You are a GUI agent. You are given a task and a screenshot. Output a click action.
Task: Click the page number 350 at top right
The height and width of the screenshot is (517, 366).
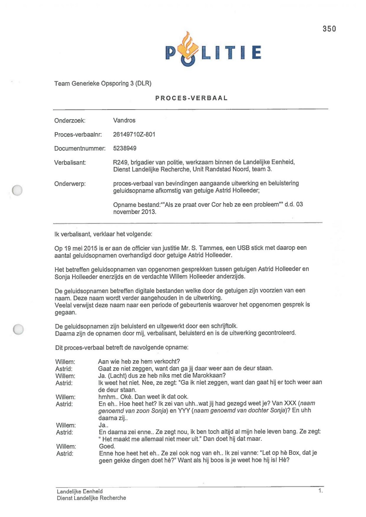(329, 29)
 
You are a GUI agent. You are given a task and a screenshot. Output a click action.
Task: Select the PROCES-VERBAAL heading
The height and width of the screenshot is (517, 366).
(191, 98)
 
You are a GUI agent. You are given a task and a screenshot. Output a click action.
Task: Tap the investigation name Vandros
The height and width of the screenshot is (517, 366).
(124, 121)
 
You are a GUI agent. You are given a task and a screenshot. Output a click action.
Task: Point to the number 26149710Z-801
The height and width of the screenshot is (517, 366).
(134, 134)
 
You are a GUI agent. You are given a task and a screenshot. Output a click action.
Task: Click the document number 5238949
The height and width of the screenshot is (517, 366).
(125, 148)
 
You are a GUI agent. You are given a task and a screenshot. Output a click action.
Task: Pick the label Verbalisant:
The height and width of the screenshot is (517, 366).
(70, 163)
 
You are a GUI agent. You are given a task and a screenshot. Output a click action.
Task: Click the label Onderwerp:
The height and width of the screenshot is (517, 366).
(70, 184)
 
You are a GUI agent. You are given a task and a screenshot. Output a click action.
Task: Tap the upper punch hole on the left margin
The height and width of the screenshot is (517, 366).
(17, 190)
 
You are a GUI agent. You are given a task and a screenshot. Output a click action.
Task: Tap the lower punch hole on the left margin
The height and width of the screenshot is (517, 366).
(18, 329)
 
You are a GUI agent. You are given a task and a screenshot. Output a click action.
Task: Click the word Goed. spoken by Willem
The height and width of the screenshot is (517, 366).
(107, 446)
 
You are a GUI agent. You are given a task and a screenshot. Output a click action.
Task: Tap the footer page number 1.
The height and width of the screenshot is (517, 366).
(320, 491)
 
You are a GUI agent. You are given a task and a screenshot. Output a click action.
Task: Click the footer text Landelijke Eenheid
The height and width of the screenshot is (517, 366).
(80, 491)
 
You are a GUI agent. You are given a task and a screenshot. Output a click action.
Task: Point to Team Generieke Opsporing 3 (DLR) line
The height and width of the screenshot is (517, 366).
(103, 84)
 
